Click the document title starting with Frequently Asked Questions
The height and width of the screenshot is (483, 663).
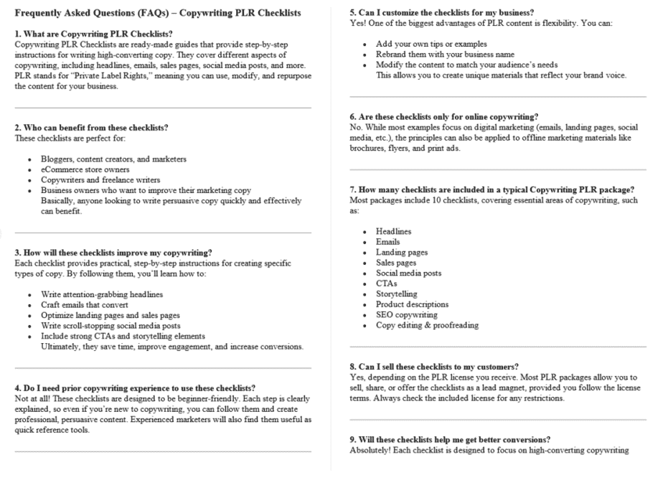[158, 14]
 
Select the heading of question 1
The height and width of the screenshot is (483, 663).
[93, 34]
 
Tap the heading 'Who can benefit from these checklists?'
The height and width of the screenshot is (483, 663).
[91, 128]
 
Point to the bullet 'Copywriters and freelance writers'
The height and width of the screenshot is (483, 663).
[100, 180]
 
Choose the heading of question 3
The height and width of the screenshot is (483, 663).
[113, 253]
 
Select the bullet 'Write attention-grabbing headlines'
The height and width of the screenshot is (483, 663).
[102, 294]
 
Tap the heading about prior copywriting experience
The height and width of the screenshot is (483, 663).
[135, 388]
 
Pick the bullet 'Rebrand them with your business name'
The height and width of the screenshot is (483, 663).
[445, 55]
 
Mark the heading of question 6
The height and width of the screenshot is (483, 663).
[443, 117]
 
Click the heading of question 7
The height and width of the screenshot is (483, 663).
[492, 189]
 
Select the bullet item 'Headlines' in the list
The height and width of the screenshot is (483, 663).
[393, 232]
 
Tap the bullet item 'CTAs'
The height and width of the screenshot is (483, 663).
[386, 283]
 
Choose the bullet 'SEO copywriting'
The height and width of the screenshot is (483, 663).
[406, 315]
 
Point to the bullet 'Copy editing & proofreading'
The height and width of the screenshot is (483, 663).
[427, 325]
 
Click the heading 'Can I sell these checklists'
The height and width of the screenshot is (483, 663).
[434, 367]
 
